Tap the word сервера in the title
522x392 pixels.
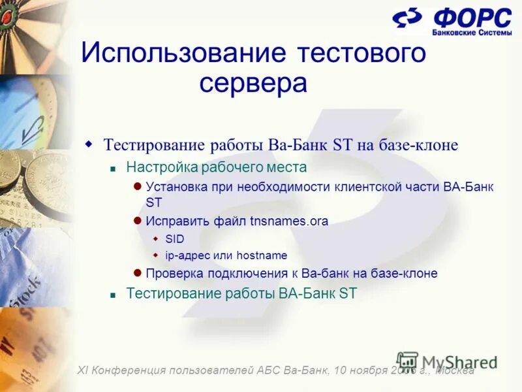click(x=253, y=83)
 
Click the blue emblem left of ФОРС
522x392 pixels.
click(x=407, y=20)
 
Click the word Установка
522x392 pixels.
click(x=175, y=188)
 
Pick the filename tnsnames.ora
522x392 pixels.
click(x=289, y=221)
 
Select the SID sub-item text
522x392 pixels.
click(x=175, y=239)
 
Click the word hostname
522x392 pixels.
click(x=262, y=256)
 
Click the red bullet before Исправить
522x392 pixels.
click(x=138, y=221)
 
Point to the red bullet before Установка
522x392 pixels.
click(x=138, y=187)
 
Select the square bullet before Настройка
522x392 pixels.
click(x=112, y=168)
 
